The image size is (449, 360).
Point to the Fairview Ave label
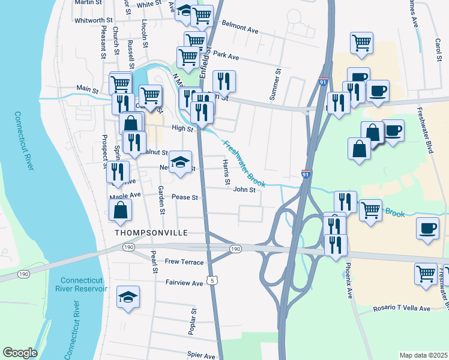point(184,283)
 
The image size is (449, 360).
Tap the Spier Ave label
point(201,356)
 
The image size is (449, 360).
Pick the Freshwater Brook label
point(245,164)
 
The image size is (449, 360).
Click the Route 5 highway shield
point(211,280)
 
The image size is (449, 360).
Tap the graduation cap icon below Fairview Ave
point(128,298)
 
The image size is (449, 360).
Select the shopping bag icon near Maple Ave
point(121,211)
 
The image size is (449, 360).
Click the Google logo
point(20,353)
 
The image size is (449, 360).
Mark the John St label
point(244,190)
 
